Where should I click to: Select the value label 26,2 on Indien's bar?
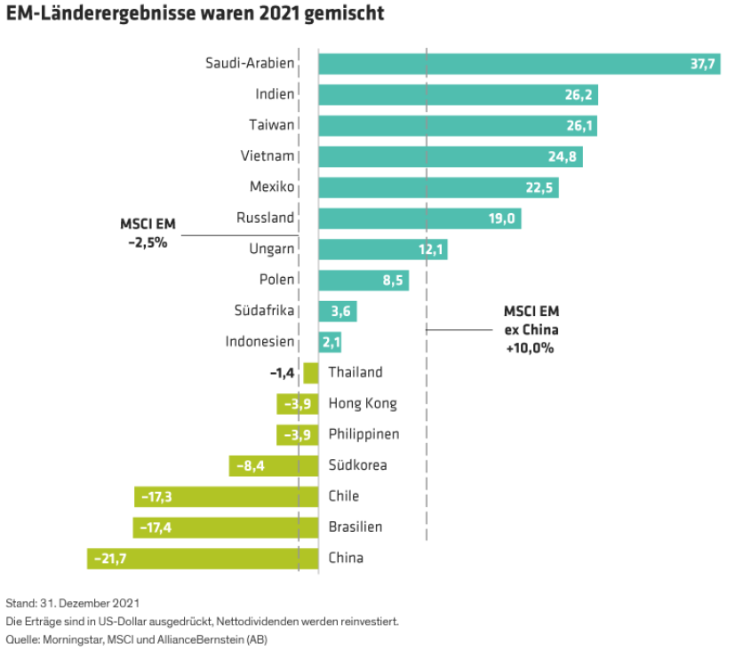click(x=581, y=95)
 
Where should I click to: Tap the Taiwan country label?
click(x=271, y=125)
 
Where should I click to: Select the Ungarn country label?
click(x=271, y=249)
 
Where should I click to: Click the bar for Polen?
click(x=364, y=281)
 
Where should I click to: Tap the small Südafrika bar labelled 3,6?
click(x=338, y=312)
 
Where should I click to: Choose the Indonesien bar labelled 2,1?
click(x=331, y=342)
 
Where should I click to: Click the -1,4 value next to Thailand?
click(x=284, y=373)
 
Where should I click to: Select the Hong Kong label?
click(x=363, y=403)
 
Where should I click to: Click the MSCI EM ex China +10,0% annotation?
click(x=531, y=329)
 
